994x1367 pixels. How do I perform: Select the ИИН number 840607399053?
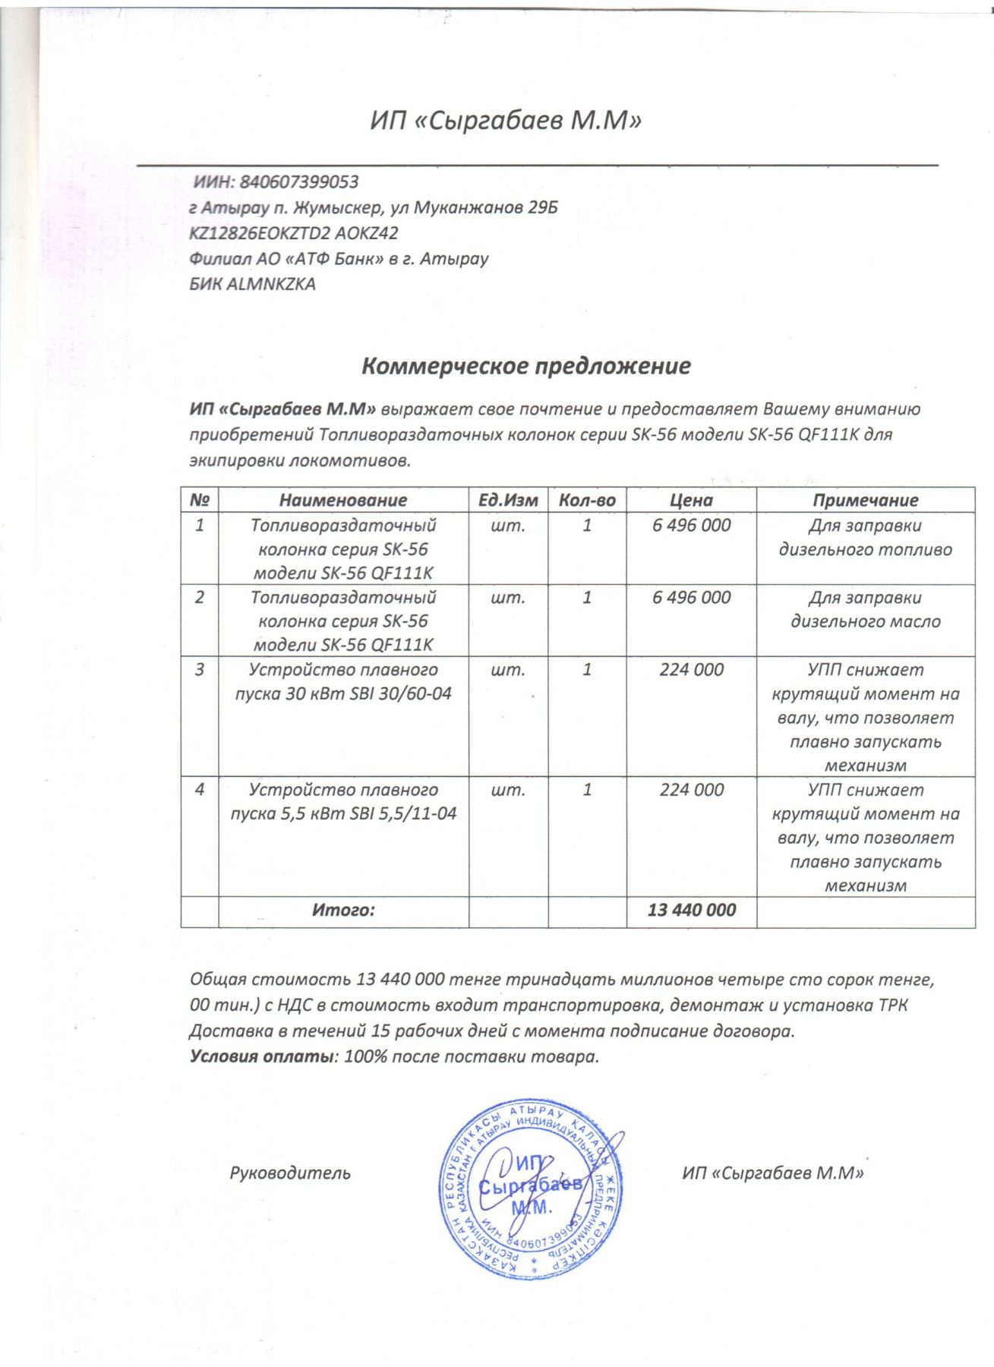pos(298,182)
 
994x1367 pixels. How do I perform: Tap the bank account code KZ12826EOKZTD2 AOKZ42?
pos(293,233)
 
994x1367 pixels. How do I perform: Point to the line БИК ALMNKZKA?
pos(252,285)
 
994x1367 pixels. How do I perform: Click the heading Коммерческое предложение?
pos(525,366)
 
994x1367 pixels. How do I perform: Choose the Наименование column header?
pos(342,500)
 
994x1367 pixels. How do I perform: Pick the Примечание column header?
pos(865,500)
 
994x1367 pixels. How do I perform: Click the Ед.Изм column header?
pos(508,500)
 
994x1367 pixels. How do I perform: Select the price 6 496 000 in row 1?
pos(691,526)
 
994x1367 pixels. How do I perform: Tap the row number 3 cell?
pos(200,670)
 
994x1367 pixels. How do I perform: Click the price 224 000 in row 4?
pos(691,790)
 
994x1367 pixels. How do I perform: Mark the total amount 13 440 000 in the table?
pos(691,910)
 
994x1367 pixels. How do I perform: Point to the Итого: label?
pos(343,910)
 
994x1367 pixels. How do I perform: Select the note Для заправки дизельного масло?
pos(865,610)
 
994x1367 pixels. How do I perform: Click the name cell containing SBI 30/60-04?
pos(343,682)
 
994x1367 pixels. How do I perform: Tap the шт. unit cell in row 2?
pos(508,598)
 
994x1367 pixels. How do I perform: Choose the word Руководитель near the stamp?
pos(290,1173)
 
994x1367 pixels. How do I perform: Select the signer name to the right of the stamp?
pos(773,1173)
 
